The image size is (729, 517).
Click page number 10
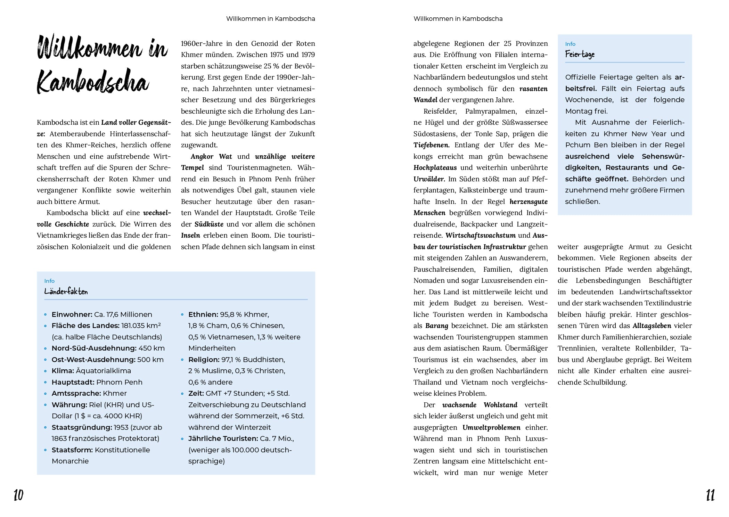tap(18, 495)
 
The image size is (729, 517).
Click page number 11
tap(710, 495)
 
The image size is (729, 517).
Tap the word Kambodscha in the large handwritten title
tap(93, 82)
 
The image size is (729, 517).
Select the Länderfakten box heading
tap(66, 292)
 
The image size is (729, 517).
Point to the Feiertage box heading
tap(580, 54)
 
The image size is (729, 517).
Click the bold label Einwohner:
tap(72, 314)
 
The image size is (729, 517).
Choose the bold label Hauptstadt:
tap(73, 382)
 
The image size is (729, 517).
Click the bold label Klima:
tap(63, 371)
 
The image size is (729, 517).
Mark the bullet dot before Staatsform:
tap(46, 450)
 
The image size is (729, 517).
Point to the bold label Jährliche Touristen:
tap(223, 438)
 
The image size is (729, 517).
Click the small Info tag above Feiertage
tap(570, 44)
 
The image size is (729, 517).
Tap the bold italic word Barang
tap(436, 326)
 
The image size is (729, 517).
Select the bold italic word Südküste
tap(209, 224)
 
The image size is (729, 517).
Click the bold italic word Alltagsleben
tap(652, 326)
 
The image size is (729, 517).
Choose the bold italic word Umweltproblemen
tap(491, 427)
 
